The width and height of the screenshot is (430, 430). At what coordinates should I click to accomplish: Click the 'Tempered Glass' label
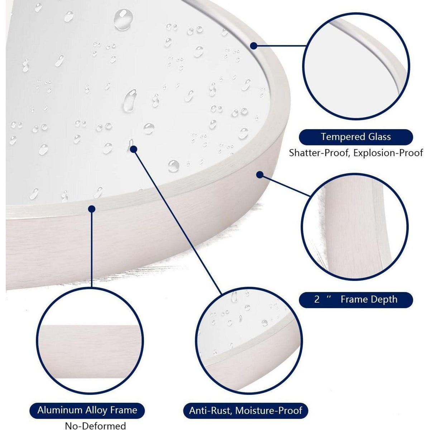(356, 137)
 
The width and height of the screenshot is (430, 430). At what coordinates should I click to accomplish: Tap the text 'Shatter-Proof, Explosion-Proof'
(356, 153)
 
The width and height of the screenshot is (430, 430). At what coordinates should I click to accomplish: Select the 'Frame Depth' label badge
(356, 299)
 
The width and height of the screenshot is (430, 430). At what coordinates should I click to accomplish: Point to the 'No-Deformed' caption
(95, 426)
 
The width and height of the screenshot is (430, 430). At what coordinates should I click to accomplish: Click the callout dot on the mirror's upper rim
(253, 46)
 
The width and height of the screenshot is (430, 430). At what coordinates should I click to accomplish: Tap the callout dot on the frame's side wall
(260, 175)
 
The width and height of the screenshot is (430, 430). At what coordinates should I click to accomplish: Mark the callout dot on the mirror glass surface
(133, 149)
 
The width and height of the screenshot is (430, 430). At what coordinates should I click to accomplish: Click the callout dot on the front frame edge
(92, 209)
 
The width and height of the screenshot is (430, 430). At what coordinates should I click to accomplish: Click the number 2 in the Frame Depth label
(317, 300)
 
